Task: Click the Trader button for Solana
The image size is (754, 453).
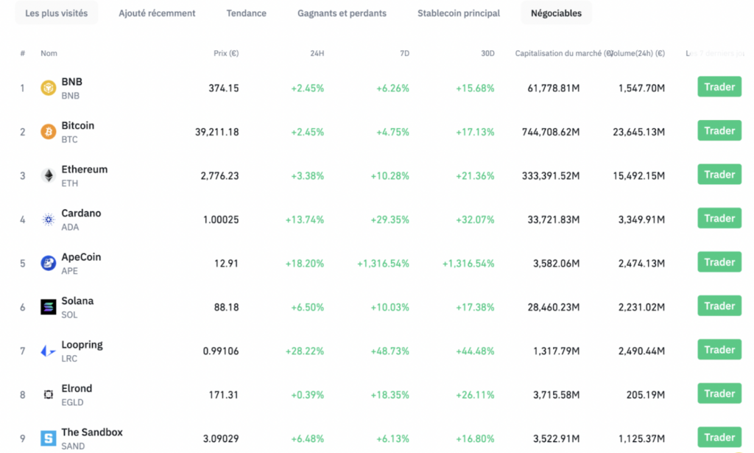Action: (x=719, y=306)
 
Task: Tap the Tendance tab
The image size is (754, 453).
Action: (x=246, y=13)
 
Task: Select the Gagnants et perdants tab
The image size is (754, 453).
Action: (x=342, y=13)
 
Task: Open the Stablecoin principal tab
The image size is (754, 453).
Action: (x=458, y=13)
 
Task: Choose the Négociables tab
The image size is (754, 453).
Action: (x=556, y=13)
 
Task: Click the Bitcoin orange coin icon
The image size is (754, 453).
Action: (x=49, y=132)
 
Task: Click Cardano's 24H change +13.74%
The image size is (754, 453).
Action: (x=304, y=220)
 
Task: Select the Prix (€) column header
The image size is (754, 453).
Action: (x=225, y=54)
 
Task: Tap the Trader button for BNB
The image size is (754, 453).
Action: (x=719, y=87)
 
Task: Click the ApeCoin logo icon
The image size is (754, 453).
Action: (x=49, y=263)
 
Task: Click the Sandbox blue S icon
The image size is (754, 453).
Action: (x=49, y=438)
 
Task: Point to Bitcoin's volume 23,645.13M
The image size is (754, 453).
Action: (x=638, y=133)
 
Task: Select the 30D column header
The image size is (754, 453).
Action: (x=487, y=54)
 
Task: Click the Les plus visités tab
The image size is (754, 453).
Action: (x=56, y=13)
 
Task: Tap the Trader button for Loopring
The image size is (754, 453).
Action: (x=719, y=350)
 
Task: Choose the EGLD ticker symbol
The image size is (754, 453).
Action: (x=72, y=402)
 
